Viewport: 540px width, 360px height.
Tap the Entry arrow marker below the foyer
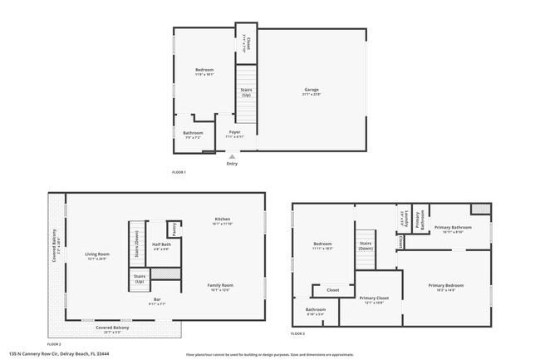(232, 155)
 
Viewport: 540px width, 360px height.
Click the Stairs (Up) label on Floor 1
(246, 92)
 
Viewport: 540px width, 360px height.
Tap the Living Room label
(97, 255)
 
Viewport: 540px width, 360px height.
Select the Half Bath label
(160, 246)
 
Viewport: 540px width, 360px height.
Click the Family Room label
(220, 287)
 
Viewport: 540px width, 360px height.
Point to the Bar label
(157, 302)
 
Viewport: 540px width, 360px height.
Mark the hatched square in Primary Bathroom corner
(480, 209)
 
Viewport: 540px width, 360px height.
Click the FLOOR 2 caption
(54, 343)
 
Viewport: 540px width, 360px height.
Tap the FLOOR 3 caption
(298, 333)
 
